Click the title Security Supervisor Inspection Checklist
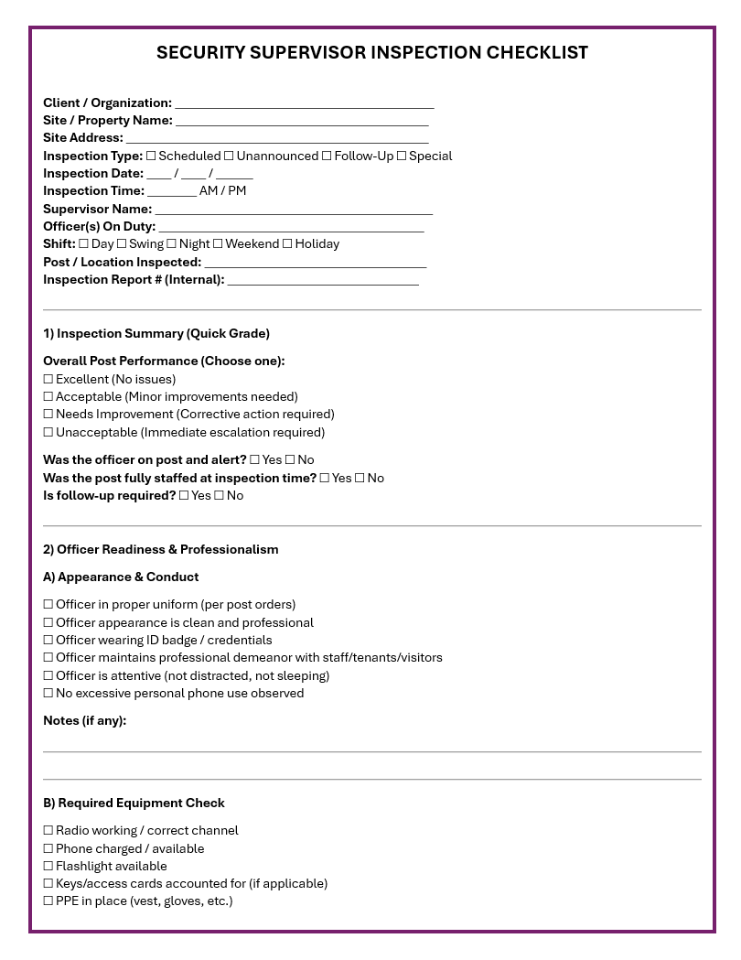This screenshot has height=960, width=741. pyautogui.click(x=371, y=53)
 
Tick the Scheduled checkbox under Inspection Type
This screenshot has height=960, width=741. pyautogui.click(x=151, y=156)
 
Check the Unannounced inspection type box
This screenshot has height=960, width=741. pyautogui.click(x=229, y=156)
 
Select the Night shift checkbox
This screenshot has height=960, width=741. pyautogui.click(x=172, y=244)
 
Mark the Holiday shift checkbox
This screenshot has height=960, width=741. pyautogui.click(x=287, y=244)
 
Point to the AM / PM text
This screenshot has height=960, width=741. pyautogui.click(x=222, y=191)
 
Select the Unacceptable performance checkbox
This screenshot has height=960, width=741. pyautogui.click(x=48, y=433)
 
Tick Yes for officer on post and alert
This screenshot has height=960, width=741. pyautogui.click(x=254, y=460)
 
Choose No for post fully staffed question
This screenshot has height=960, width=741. pyautogui.click(x=360, y=479)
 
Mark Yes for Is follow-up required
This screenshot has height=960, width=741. pyautogui.click(x=184, y=496)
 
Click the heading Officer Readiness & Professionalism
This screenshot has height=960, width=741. pyautogui.click(x=160, y=550)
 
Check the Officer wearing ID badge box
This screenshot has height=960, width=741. pyautogui.click(x=48, y=641)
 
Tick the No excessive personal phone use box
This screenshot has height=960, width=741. pyautogui.click(x=48, y=694)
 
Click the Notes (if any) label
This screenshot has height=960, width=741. pyautogui.click(x=84, y=721)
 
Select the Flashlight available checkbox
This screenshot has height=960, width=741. pyautogui.click(x=48, y=867)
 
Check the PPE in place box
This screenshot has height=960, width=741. pyautogui.click(x=48, y=901)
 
